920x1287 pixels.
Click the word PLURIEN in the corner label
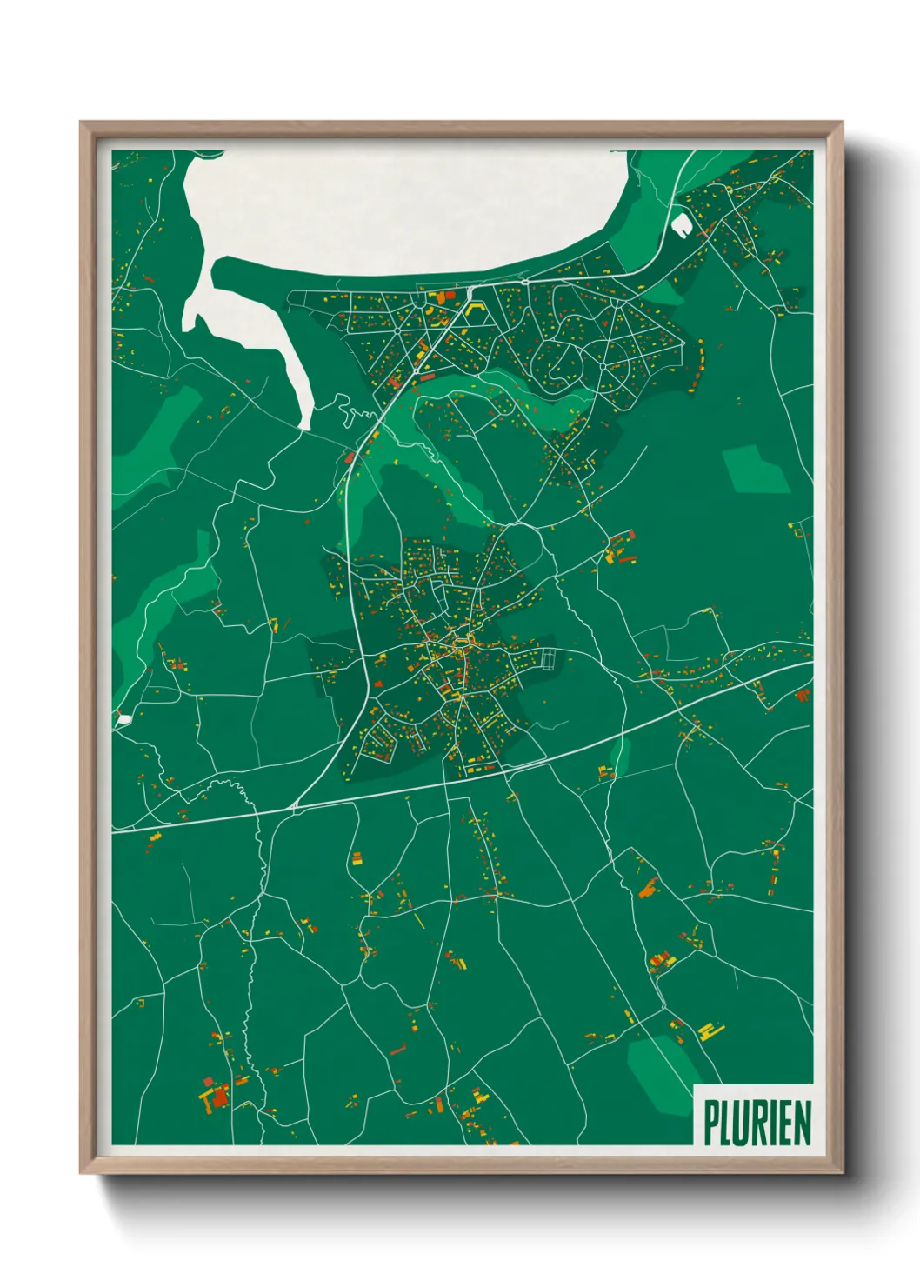[x=757, y=1123]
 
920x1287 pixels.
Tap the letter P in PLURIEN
[x=710, y=1123]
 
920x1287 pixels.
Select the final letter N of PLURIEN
[x=802, y=1123]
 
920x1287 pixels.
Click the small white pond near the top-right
[x=681, y=224]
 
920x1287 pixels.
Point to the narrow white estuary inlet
[x=261, y=348]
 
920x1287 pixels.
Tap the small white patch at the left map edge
[x=124, y=719]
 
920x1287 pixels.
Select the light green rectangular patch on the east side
[x=757, y=470]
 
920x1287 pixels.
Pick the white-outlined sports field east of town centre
[x=548, y=659]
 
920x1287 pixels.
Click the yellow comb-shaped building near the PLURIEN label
[x=711, y=1032]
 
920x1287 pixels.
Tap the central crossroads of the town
[x=456, y=644]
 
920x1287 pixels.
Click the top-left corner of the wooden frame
[x=81, y=123]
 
